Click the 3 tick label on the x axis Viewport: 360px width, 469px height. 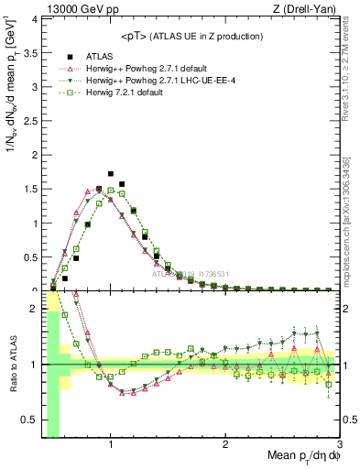click(x=339, y=444)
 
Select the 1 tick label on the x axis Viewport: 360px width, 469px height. click(x=111, y=444)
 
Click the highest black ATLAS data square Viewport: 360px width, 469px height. click(x=111, y=173)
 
